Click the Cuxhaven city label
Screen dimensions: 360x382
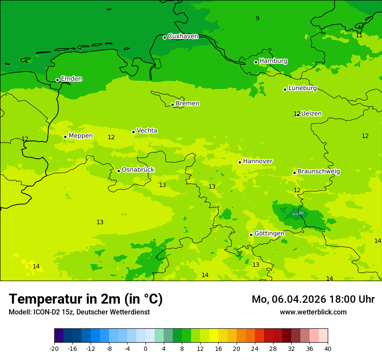(183, 36)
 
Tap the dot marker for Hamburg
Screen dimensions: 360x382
(256, 62)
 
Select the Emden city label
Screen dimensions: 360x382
(71, 79)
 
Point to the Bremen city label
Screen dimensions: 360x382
(187, 104)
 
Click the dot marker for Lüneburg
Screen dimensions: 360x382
(285, 89)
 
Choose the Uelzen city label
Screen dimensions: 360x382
(311, 114)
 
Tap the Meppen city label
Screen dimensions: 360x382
(80, 136)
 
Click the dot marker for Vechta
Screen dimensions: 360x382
(133, 132)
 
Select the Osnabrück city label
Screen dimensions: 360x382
(138, 170)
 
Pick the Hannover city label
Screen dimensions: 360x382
(257, 161)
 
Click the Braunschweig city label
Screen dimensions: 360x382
(319, 172)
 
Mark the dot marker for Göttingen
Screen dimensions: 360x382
(251, 235)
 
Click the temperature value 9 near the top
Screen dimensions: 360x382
(257, 18)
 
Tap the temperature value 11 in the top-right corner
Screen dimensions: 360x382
(359, 35)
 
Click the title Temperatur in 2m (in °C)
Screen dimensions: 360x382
(86, 299)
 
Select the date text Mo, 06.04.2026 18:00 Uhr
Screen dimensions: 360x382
(313, 299)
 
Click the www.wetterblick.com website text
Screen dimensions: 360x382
(313, 312)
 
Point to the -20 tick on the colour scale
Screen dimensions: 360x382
(54, 348)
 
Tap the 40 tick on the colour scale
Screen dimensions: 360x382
(328, 348)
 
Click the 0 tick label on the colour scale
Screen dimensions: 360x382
(145, 348)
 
